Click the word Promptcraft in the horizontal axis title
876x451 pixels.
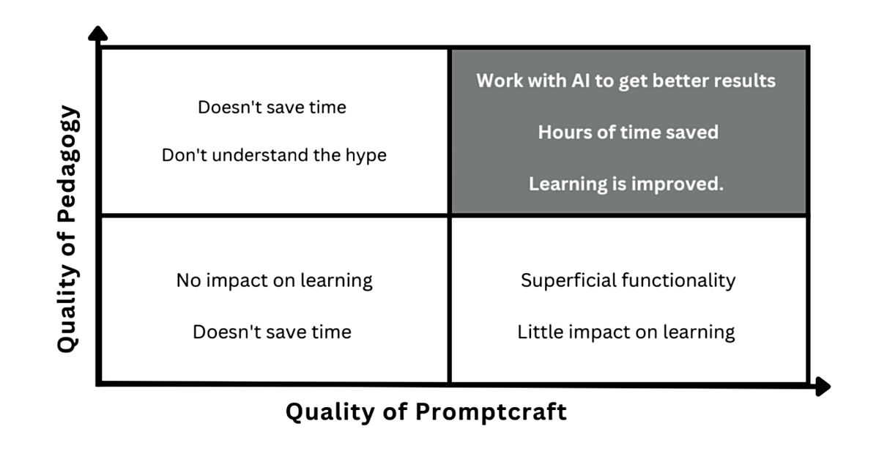tap(491, 413)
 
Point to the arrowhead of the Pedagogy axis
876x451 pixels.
tap(97, 34)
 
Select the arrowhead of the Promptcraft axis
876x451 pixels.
tap(823, 387)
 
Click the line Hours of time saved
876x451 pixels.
tap(628, 133)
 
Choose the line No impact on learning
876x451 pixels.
tap(275, 280)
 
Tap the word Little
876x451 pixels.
tap(534, 332)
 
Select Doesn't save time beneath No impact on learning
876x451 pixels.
tap(272, 332)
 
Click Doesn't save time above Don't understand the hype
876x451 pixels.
tap(272, 107)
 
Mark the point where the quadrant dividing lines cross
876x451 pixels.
tap(449, 215)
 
